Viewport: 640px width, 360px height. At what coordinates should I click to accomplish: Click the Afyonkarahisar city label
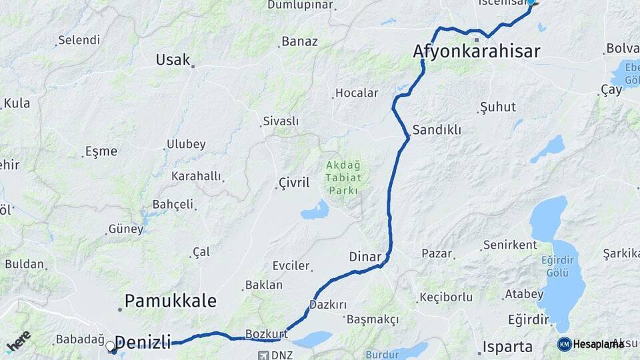coord(477,51)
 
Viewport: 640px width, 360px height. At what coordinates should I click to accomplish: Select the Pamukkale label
coord(171,301)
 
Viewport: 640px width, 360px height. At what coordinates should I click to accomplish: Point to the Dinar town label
coord(365,257)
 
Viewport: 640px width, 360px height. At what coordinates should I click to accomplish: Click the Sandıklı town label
coord(437,130)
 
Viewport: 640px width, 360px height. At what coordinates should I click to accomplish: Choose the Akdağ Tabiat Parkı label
coord(343,177)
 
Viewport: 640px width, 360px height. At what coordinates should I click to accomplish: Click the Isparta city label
coord(509,347)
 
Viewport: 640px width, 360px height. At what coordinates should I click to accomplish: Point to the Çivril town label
coord(294,183)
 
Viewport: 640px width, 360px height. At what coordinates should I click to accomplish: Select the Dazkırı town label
coord(328,305)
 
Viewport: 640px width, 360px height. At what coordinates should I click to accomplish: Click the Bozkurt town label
coord(266,333)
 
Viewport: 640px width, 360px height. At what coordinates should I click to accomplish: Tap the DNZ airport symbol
coord(265,355)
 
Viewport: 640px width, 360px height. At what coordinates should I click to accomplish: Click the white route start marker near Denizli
coord(111,346)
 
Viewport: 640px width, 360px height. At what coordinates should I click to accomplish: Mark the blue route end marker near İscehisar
coord(531,2)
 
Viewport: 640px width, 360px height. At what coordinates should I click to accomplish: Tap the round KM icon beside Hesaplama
coord(564,344)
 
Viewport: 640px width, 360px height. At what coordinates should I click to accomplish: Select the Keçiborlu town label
coord(446,297)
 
